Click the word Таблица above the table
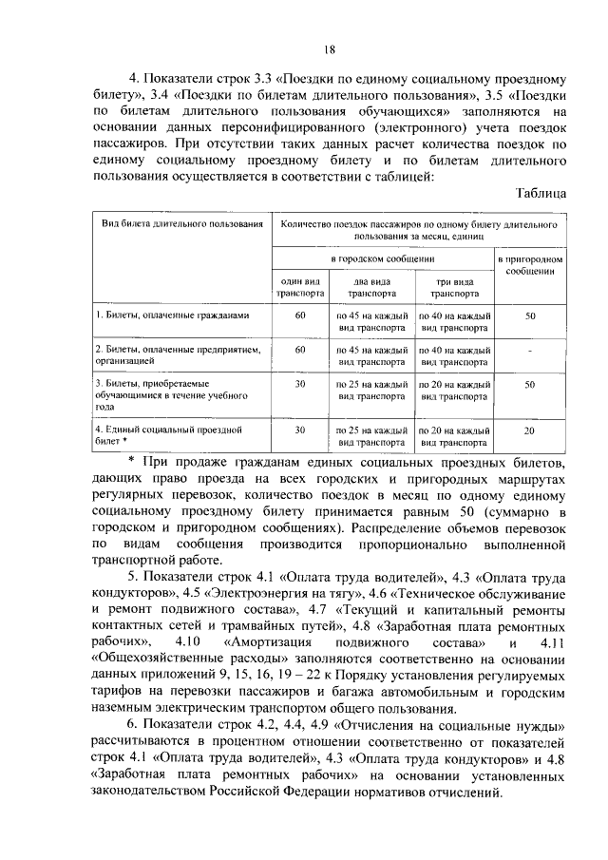click(x=541, y=193)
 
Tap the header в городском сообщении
click(x=383, y=258)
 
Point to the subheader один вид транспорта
click(x=299, y=288)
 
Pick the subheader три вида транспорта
click(x=455, y=288)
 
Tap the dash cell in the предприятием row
click(x=530, y=350)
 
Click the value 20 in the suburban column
click(x=530, y=430)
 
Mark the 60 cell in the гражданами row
click(x=299, y=315)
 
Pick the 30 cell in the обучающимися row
click(x=299, y=384)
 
